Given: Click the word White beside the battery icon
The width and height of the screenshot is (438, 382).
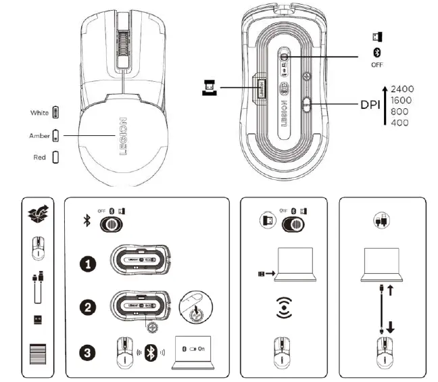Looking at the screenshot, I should point(40,112).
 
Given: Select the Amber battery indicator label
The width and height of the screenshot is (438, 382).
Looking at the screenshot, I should point(39,135).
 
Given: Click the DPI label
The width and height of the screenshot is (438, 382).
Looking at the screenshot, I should point(370,105).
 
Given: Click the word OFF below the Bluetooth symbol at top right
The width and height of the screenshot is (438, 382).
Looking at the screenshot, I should point(376,66).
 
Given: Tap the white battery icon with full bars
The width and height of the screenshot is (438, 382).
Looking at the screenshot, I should point(55,112).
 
